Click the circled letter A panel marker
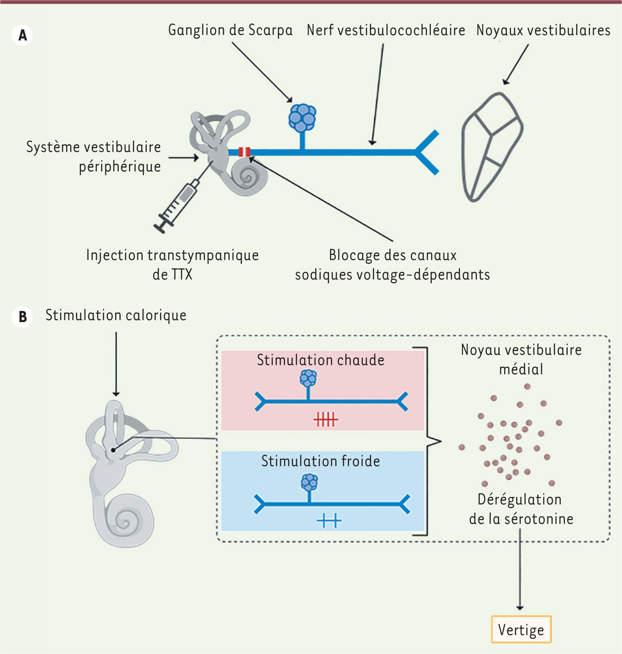pos(22,36)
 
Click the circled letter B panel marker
pos(22,317)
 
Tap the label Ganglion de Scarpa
pos(230,30)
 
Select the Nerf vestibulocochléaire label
pos(386,30)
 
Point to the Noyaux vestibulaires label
pos(543,30)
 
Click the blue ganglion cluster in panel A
pos(302,118)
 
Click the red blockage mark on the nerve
pos(244,152)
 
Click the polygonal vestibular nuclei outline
pos(492,147)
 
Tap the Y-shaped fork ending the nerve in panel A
pos(428,152)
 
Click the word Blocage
pos(352,255)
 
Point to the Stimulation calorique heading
pos(116,315)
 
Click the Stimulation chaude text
pos(320,360)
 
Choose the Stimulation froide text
pos(320,461)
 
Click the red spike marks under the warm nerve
pos(326,419)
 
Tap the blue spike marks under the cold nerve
pos(329,520)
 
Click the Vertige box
pos(521,630)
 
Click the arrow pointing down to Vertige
pos(520,576)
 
